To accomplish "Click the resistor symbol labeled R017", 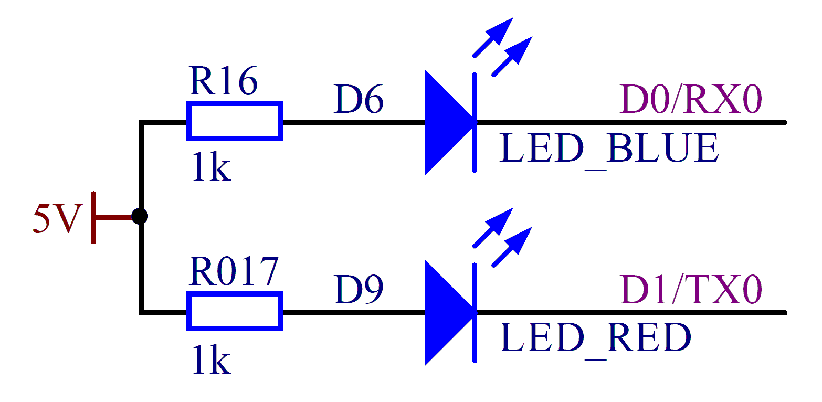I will click(x=235, y=312).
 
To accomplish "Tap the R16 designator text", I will click(x=223, y=82).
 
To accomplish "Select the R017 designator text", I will click(x=233, y=272).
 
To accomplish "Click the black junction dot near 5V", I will click(x=140, y=216).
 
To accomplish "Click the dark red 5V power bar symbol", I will click(x=94, y=217).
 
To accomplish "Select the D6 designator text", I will click(x=359, y=101).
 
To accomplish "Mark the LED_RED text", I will click(x=595, y=338).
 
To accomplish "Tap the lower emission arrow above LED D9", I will click(x=512, y=247).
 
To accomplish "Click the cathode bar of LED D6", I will click(x=475, y=122).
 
